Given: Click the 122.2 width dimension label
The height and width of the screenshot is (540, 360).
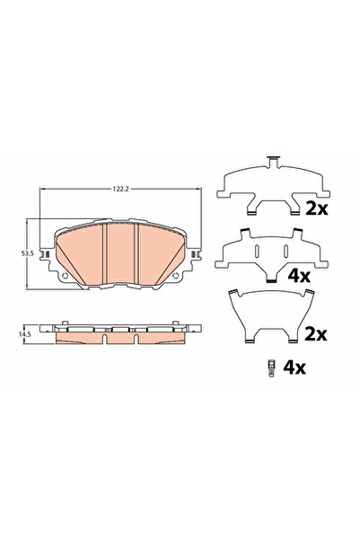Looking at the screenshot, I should click(x=118, y=190).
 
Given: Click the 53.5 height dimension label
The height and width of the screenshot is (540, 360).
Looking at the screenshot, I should click(x=28, y=254).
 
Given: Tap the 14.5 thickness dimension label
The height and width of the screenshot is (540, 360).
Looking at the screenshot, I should click(x=28, y=333).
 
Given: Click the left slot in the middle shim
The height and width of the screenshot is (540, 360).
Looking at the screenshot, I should click(x=256, y=252).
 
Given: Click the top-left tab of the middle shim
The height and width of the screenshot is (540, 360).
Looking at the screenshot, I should click(x=244, y=233).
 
